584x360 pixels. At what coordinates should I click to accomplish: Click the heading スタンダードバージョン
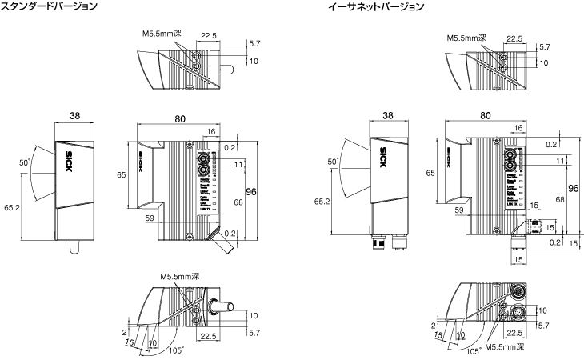[50, 6]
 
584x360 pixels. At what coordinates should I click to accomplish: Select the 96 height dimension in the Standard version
[250, 193]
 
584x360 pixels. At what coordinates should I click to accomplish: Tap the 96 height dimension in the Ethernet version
[573, 188]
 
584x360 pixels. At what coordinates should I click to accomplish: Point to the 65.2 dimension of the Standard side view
[11, 206]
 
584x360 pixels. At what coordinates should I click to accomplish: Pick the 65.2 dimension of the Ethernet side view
[322, 202]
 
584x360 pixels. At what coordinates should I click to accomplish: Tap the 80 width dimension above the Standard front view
[179, 119]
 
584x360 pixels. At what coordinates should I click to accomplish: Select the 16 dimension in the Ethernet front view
[518, 128]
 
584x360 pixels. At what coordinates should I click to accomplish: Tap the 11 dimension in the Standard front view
[238, 164]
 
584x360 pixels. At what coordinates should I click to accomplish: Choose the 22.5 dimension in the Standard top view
[208, 36]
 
